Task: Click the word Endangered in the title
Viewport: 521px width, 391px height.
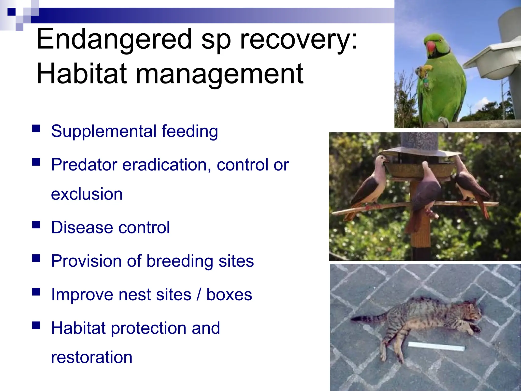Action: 114,39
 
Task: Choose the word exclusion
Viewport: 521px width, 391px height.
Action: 87,194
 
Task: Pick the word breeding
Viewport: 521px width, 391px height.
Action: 180,261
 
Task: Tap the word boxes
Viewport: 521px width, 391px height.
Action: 229,295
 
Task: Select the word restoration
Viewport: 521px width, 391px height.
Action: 92,357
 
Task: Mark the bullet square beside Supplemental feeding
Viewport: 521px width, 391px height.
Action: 36,129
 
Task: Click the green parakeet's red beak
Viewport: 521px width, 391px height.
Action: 430,48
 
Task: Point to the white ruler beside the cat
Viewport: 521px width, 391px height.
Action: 436,347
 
